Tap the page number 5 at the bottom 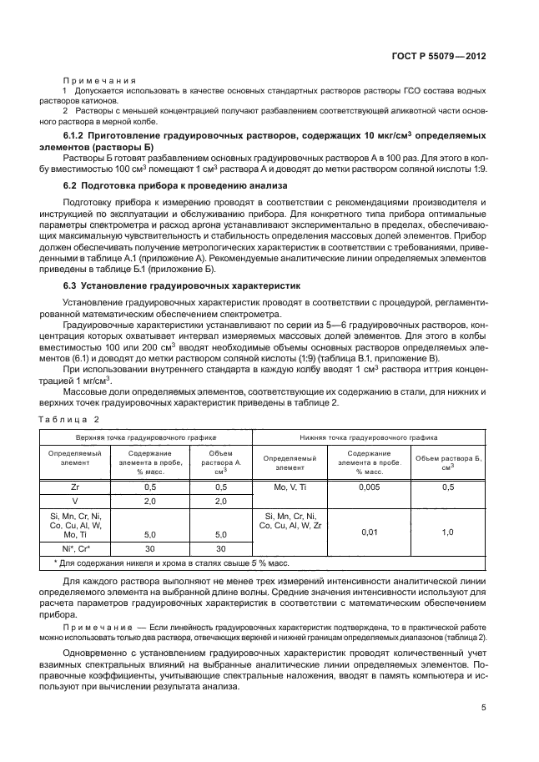pos(483,708)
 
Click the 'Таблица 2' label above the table pos(69,418)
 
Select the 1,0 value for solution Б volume pos(446,531)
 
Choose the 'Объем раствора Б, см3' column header pos(447,462)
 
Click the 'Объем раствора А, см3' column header pos(221,462)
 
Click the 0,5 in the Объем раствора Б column pos(446,486)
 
